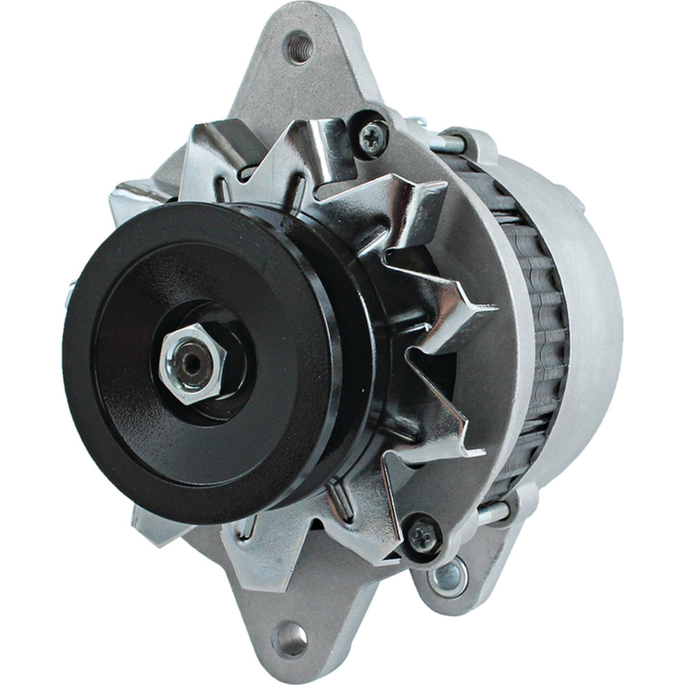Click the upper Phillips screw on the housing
point(371,130)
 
